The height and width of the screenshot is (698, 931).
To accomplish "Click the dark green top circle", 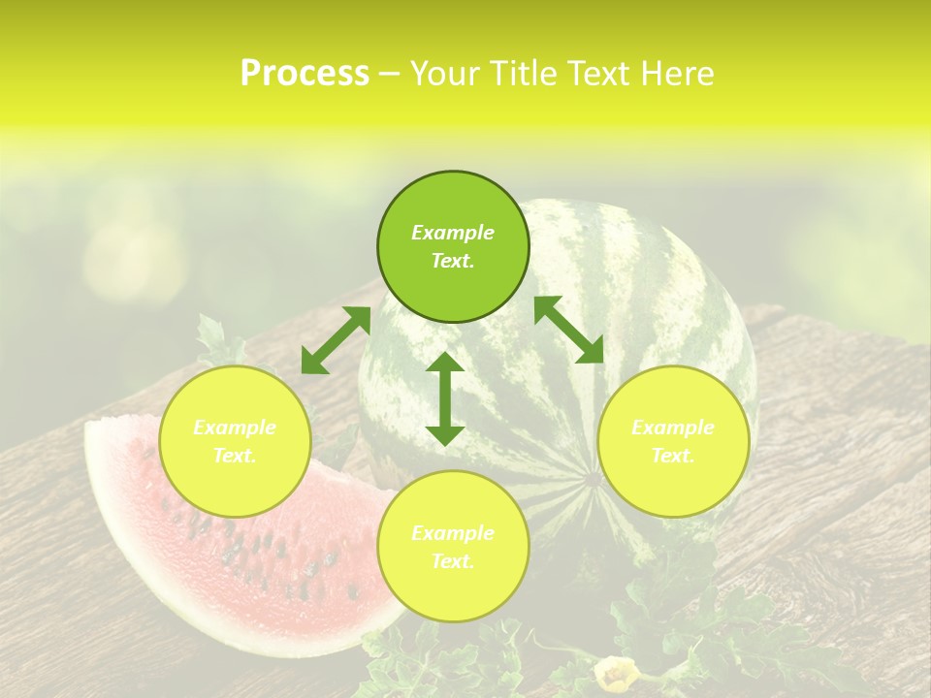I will point(453,246).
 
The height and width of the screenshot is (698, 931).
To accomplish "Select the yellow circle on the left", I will point(235,441).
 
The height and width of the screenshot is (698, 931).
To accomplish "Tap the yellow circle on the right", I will point(673,441).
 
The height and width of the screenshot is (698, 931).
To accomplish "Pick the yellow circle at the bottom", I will point(453,547).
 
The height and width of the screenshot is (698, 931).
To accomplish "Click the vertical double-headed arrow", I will point(445,398).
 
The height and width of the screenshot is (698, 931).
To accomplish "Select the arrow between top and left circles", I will point(336,340).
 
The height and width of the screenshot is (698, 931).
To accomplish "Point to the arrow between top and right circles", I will point(569,330).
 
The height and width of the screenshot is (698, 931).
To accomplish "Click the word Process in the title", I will point(305,74).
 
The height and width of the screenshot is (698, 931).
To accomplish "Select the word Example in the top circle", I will point(453,233).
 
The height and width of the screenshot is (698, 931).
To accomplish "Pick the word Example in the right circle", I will point(673,428).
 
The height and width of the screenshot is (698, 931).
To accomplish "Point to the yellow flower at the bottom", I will point(617,673).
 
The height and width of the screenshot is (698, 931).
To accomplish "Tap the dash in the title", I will point(389,74).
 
